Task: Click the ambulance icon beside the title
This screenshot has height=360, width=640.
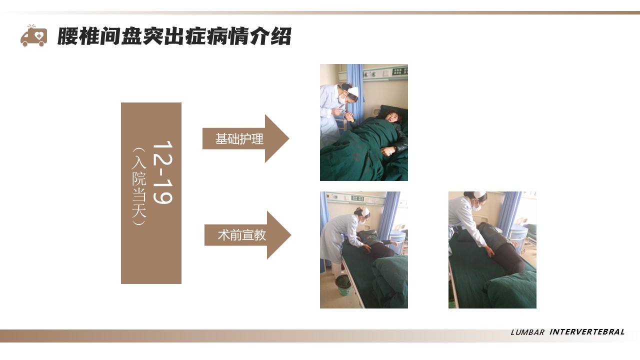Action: click(x=33, y=35)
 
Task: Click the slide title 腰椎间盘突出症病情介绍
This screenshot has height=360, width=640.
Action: click(x=174, y=36)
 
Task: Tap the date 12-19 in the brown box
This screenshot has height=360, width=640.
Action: click(x=162, y=172)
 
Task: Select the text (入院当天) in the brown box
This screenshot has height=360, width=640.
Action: click(x=139, y=186)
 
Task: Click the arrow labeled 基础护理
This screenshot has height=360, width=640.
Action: click(x=245, y=138)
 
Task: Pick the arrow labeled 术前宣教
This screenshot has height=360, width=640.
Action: click(x=247, y=235)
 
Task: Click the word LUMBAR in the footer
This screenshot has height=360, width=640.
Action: click(x=527, y=332)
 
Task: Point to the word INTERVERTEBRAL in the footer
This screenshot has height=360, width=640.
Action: click(x=587, y=331)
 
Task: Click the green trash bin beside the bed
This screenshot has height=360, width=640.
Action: click(x=343, y=285)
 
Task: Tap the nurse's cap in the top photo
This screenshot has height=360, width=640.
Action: click(x=353, y=91)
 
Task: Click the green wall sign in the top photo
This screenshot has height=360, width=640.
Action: click(x=399, y=71)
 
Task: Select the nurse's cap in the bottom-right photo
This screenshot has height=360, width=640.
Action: click(x=479, y=194)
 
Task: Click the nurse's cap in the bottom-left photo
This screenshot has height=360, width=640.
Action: click(x=365, y=211)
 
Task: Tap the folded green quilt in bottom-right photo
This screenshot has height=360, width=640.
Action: click(x=510, y=290)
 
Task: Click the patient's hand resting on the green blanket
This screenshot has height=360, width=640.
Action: click(x=387, y=150)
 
